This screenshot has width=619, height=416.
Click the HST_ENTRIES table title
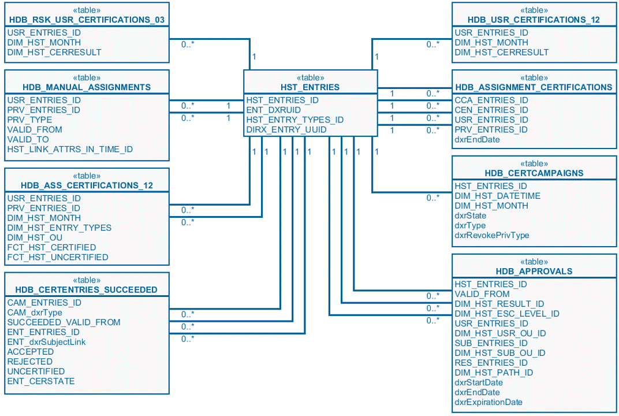coord(310,87)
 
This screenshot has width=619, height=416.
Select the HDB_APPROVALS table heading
coord(534,271)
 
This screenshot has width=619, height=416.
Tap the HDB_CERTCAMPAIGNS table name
coord(534,173)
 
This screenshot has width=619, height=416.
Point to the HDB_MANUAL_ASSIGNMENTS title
coord(87,87)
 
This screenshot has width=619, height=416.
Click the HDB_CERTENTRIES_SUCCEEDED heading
coord(87,289)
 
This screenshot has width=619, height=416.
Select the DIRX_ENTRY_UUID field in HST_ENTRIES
coord(286,129)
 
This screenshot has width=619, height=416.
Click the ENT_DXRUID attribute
coord(274,110)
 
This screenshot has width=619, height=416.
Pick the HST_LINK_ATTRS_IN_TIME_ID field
coord(70,149)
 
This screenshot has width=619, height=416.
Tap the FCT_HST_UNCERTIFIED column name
coord(58,257)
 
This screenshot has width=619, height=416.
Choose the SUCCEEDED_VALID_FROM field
coord(64,322)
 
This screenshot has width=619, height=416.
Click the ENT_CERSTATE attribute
coord(41,381)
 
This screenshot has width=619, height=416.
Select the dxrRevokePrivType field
coord(492,235)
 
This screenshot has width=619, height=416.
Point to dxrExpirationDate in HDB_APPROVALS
coord(489,402)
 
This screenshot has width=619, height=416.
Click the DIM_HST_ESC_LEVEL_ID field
coord(507,314)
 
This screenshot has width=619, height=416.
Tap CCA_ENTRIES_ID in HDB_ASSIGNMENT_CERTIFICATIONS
coord(491,100)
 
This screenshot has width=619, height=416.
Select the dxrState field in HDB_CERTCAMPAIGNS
coord(471,216)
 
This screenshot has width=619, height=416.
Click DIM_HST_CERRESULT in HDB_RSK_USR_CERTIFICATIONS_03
coord(54,52)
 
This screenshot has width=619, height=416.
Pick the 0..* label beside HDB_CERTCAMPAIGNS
coord(433,198)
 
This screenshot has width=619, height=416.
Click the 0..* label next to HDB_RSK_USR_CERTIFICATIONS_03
coord(188,44)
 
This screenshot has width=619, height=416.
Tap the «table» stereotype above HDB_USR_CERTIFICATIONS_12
coord(534,10)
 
